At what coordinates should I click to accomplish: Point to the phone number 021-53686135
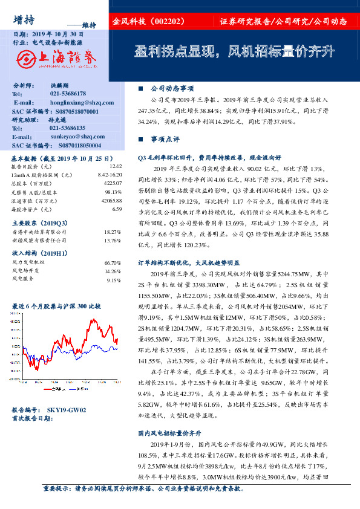click(x=67, y=128)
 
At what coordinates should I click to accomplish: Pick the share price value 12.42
click(x=116, y=166)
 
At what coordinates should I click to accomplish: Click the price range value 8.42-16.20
click(x=110, y=174)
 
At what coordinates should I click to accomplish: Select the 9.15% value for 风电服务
click(x=114, y=280)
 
